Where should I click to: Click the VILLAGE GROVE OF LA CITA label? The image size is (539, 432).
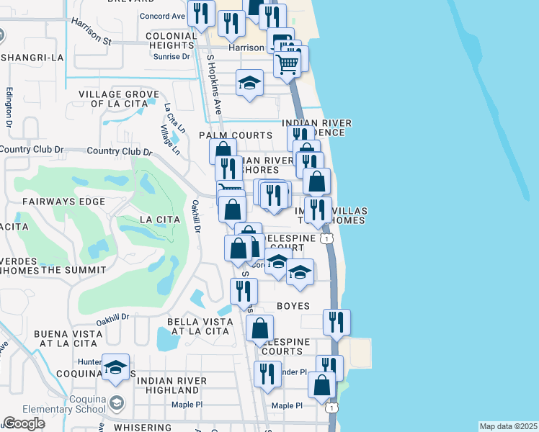[119, 99]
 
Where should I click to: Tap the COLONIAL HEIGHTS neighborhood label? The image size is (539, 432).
[171, 40]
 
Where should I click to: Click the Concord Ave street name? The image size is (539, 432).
[162, 16]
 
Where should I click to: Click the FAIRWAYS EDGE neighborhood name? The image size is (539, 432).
[63, 202]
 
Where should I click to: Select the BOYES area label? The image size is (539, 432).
[292, 306]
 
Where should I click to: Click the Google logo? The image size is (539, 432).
[24, 423]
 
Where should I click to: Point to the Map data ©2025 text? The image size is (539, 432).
[508, 426]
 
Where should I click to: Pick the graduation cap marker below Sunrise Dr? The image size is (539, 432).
[250, 83]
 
